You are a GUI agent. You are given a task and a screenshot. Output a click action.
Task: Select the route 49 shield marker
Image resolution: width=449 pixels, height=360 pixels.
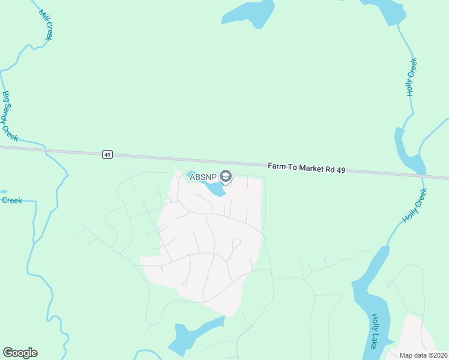tap(107, 155)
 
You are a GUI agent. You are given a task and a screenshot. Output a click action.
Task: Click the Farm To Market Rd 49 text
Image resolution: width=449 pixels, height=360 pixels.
tap(306, 168)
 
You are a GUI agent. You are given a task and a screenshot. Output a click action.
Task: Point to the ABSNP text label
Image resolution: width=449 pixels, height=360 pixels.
tap(203, 176)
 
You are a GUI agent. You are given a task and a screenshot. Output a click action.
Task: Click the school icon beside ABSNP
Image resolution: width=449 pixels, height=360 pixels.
tap(226, 176)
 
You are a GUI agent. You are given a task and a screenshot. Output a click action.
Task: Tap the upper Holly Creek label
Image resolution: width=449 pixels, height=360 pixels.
tap(411, 77)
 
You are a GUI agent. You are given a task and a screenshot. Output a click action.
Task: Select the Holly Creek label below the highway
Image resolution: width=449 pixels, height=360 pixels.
tap(415, 206)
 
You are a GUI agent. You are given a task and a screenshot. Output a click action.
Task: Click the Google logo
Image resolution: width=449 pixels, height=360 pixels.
tap(20, 352)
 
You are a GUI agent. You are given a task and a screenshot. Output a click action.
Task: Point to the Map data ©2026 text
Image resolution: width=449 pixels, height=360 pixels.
tap(423, 355)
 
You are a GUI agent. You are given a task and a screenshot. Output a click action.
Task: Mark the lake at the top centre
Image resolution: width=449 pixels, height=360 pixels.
tap(246, 13)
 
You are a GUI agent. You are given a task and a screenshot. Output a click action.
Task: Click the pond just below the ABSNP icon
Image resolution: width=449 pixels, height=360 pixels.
tap(213, 190)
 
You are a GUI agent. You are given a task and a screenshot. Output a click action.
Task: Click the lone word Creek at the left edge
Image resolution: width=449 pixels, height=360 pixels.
tap(11, 200)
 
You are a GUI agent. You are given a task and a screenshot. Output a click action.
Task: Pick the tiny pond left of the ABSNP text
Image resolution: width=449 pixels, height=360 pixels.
tap(191, 173)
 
